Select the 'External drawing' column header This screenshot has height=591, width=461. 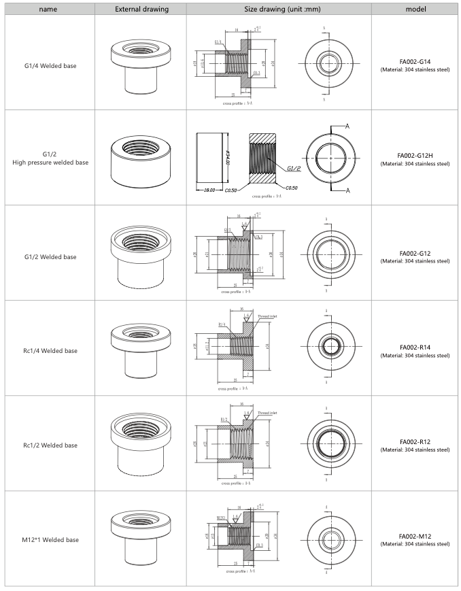(140, 9)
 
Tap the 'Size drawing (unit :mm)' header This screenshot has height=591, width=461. (279, 9)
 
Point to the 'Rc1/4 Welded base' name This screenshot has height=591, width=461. (49, 351)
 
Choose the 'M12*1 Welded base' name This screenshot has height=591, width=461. (49, 539)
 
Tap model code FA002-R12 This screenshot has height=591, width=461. (415, 441)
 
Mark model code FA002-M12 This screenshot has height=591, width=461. (415, 536)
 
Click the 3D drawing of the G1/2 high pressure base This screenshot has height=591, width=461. (140, 156)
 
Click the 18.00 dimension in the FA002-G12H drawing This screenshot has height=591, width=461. (206, 190)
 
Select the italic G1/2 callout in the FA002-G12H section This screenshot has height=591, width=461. (294, 168)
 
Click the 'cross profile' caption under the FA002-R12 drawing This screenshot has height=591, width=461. (233, 484)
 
